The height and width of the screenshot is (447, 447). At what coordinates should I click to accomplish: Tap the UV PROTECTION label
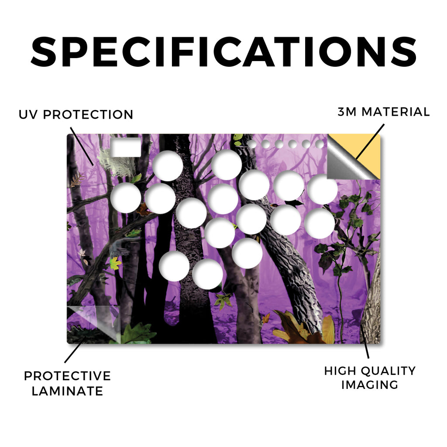point(76,115)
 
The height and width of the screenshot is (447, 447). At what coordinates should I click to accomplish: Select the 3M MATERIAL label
point(383,112)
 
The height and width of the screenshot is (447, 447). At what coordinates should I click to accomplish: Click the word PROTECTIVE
point(67,376)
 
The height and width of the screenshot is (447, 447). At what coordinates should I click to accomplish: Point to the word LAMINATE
point(67,391)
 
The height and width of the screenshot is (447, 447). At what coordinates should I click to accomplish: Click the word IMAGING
point(370,385)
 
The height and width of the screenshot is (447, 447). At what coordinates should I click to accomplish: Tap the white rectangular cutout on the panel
point(126,148)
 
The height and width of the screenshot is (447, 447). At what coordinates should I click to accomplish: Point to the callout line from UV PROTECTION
point(82,146)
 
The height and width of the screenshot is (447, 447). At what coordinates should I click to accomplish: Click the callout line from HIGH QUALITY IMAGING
point(364,340)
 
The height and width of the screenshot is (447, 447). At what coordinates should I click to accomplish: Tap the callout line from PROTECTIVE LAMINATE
point(75,350)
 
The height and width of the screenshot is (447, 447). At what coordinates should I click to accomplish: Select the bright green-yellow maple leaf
point(115,263)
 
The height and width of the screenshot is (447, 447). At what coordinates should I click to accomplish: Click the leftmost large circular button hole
point(126,198)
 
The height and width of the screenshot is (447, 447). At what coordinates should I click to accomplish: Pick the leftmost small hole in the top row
point(252,144)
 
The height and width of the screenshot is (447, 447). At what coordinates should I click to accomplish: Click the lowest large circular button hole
point(207,274)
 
